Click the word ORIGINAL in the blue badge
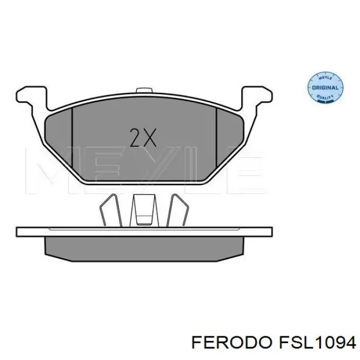[325, 87]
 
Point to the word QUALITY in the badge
[325, 96]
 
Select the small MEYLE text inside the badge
[325, 79]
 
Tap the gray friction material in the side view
[144, 247]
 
